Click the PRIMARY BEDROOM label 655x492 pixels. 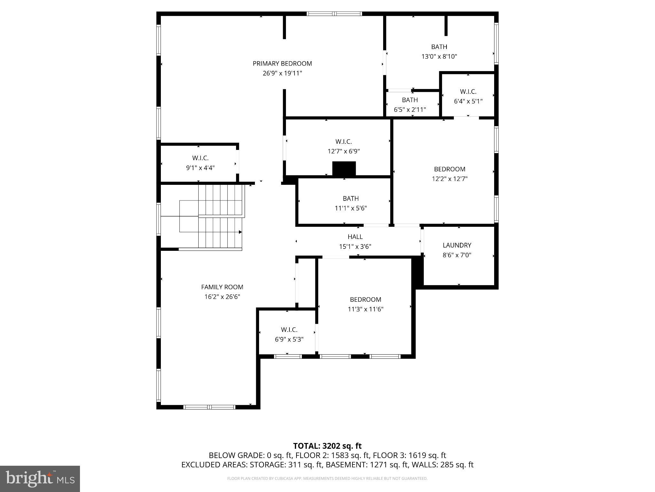pyautogui.click(x=282, y=63)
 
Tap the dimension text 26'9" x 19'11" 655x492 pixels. pyautogui.click(x=282, y=73)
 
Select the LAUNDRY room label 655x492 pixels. pyautogui.click(x=457, y=245)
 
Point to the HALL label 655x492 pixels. pyautogui.click(x=355, y=237)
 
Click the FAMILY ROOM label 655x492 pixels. pyautogui.click(x=222, y=287)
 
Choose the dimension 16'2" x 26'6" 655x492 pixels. pyautogui.click(x=222, y=297)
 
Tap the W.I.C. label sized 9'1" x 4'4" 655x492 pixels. pyautogui.click(x=200, y=158)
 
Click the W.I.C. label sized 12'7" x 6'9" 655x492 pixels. pyautogui.click(x=343, y=142)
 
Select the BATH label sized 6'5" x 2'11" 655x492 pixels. pyautogui.click(x=410, y=100)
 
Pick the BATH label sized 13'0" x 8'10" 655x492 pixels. pyautogui.click(x=439, y=47)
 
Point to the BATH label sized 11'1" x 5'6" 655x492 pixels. pyautogui.click(x=351, y=199)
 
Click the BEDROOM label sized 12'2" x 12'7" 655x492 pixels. pyautogui.click(x=449, y=169)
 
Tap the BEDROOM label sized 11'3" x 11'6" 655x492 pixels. pyautogui.click(x=365, y=299)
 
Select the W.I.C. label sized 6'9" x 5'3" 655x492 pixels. pyautogui.click(x=289, y=330)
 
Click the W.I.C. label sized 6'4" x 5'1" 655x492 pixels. pyautogui.click(x=468, y=92)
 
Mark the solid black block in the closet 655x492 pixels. pyautogui.click(x=344, y=168)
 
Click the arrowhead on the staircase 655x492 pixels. pyautogui.click(x=240, y=232)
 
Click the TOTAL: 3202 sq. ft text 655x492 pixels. pyautogui.click(x=327, y=446)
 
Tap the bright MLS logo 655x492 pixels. pyautogui.click(x=40, y=479)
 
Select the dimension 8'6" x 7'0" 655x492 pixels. pyautogui.click(x=457, y=255)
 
